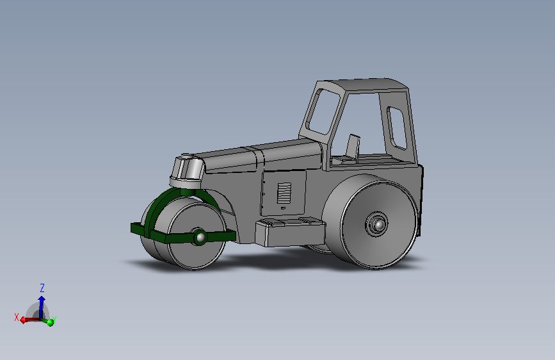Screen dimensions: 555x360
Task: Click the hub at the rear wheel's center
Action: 376,224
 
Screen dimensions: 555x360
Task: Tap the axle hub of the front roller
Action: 200,237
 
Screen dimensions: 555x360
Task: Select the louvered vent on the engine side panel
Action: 284,193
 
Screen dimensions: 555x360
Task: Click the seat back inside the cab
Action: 353,147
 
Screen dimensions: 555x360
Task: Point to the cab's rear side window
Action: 397,127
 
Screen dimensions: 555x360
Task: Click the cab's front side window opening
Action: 323,111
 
